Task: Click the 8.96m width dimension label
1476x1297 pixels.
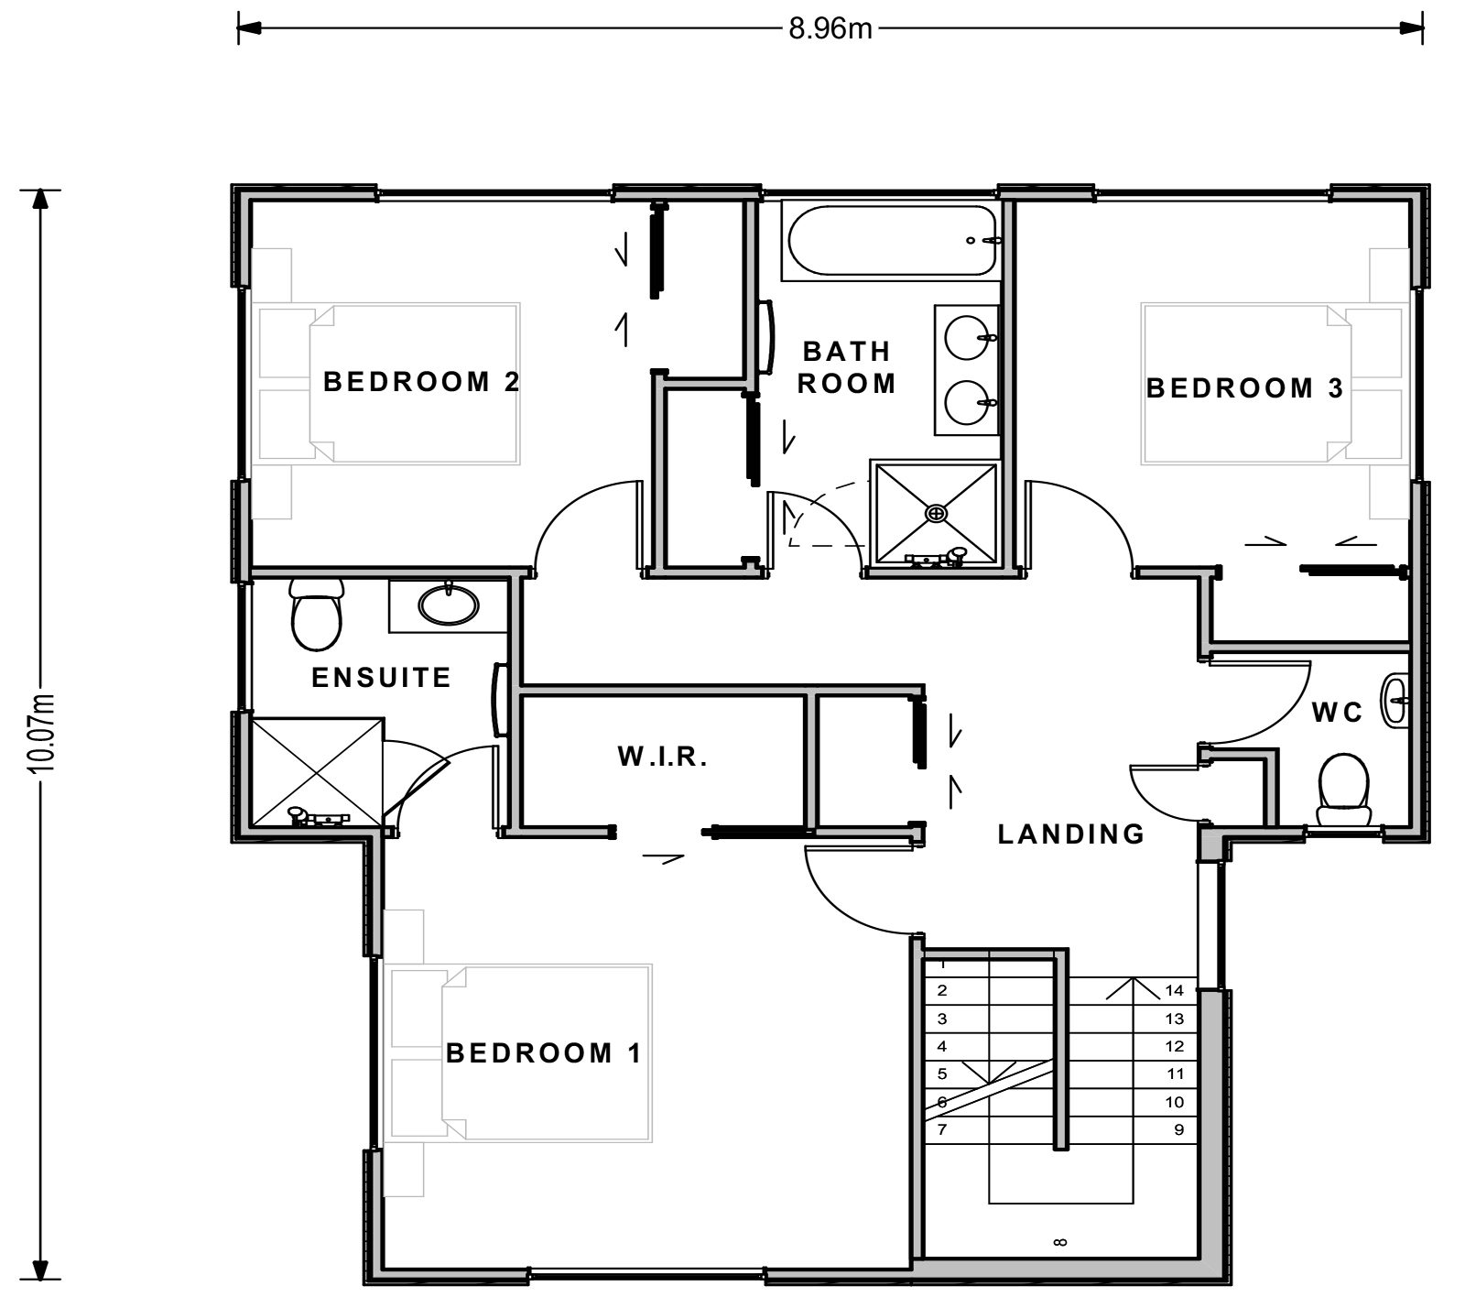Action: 830,29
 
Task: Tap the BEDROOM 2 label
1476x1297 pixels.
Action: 421,381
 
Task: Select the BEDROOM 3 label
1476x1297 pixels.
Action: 1244,387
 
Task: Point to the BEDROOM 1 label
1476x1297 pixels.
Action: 544,1052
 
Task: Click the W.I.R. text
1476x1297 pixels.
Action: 662,757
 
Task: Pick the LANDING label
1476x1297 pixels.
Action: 1070,834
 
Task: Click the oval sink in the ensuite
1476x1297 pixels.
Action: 448,605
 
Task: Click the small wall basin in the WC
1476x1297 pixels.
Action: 1395,703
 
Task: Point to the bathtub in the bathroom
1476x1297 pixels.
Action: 888,241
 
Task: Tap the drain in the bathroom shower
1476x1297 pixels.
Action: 935,513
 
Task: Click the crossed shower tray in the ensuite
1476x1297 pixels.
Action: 315,772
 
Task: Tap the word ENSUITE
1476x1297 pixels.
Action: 381,677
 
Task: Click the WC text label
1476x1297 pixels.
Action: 1337,712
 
